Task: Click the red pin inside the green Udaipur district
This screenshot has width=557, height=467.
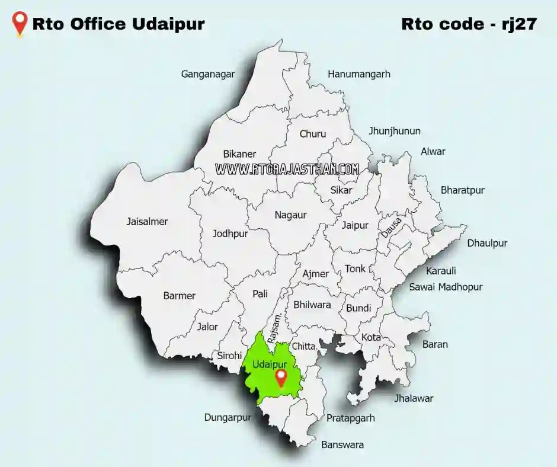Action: (281, 378)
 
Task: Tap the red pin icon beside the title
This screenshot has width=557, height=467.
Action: (21, 24)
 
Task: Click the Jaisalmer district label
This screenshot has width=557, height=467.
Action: (147, 222)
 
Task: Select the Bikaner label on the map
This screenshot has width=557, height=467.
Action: (239, 154)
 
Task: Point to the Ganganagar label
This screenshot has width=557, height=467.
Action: (208, 74)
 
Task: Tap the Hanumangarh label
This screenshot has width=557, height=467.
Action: (359, 74)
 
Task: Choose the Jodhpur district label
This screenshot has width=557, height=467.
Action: (230, 233)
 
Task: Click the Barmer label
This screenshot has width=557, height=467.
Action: (179, 296)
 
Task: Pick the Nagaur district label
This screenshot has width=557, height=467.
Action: (290, 215)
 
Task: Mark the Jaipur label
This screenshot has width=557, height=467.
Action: (355, 225)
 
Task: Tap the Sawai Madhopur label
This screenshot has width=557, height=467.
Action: (446, 287)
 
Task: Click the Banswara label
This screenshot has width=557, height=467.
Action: (342, 444)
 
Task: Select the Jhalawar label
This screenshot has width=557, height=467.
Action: (414, 398)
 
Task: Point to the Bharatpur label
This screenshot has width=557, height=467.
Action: (462, 190)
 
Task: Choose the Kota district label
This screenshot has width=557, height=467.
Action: (371, 337)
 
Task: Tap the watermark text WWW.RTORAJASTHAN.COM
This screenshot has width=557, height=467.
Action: (287, 169)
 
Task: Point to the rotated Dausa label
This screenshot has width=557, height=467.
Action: (392, 228)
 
